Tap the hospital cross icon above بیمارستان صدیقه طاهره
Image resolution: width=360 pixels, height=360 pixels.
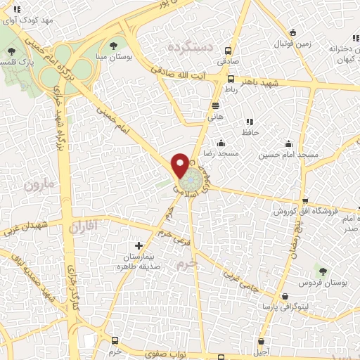[139, 246]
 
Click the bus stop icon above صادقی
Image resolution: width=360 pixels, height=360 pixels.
[228, 51]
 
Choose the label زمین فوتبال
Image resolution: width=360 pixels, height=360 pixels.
[271, 44]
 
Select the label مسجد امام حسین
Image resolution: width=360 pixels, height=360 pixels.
[288, 153]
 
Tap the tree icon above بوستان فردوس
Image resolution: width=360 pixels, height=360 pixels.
[323, 271]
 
